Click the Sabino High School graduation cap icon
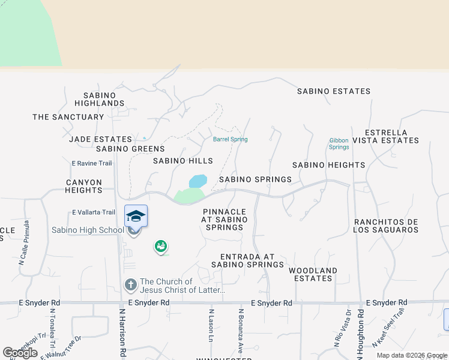(x=136, y=216)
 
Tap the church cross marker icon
(x=130, y=284)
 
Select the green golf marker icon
(x=160, y=246)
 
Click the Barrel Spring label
(x=230, y=140)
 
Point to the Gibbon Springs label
(x=339, y=144)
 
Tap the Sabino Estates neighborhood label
(x=334, y=91)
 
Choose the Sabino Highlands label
(x=104, y=99)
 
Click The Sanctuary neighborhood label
(x=68, y=117)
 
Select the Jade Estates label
(x=100, y=139)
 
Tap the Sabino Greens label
(x=130, y=149)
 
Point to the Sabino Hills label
(x=182, y=161)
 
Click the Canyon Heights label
(x=84, y=186)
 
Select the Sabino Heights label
(x=328, y=165)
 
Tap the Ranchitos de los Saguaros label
(x=385, y=226)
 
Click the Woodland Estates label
(x=313, y=274)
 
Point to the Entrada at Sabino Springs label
(x=247, y=260)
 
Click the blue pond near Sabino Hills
(x=198, y=181)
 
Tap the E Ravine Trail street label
(x=92, y=163)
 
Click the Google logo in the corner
(x=20, y=353)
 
